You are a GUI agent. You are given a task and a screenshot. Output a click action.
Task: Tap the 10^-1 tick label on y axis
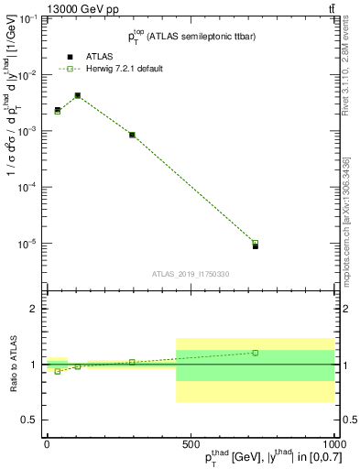[27, 18]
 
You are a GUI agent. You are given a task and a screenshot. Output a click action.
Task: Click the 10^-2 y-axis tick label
[27, 75]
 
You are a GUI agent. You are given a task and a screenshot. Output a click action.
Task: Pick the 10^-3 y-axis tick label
[27, 131]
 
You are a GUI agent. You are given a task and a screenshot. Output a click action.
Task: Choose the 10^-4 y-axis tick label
[27, 187]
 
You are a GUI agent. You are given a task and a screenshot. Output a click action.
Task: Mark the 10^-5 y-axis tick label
[27, 244]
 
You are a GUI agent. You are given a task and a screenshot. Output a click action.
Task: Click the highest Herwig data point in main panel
[78, 95]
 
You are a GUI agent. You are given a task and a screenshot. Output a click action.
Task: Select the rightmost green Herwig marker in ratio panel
[256, 353]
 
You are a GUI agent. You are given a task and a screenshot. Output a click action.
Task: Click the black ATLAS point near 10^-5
[256, 246]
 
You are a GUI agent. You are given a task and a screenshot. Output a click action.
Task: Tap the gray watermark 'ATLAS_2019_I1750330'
[191, 274]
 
